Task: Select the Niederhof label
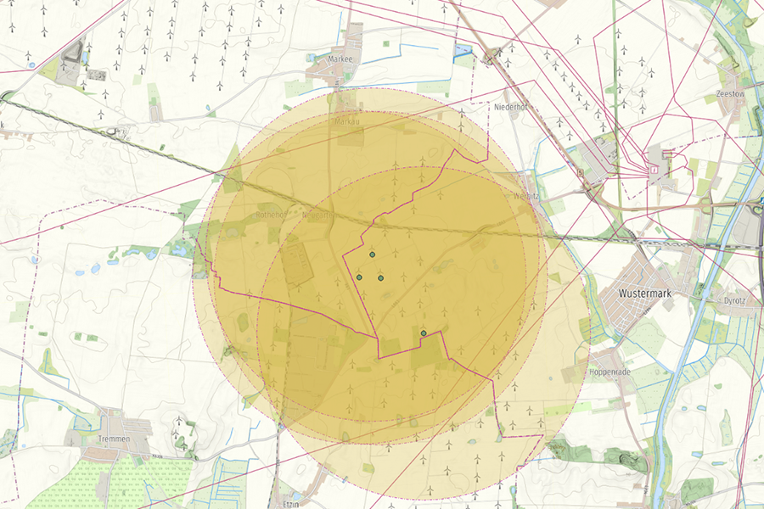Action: tap(511, 108)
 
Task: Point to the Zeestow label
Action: tap(730, 92)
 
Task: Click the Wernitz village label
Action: tap(527, 194)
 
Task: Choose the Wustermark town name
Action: tap(644, 293)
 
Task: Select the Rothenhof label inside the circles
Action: tap(272, 215)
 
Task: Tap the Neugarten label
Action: tap(318, 215)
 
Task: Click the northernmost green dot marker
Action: tap(372, 255)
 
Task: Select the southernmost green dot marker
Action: tap(424, 334)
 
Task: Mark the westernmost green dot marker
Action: tap(359, 277)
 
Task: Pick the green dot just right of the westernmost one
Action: tap(381, 278)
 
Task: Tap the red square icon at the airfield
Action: tap(654, 170)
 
